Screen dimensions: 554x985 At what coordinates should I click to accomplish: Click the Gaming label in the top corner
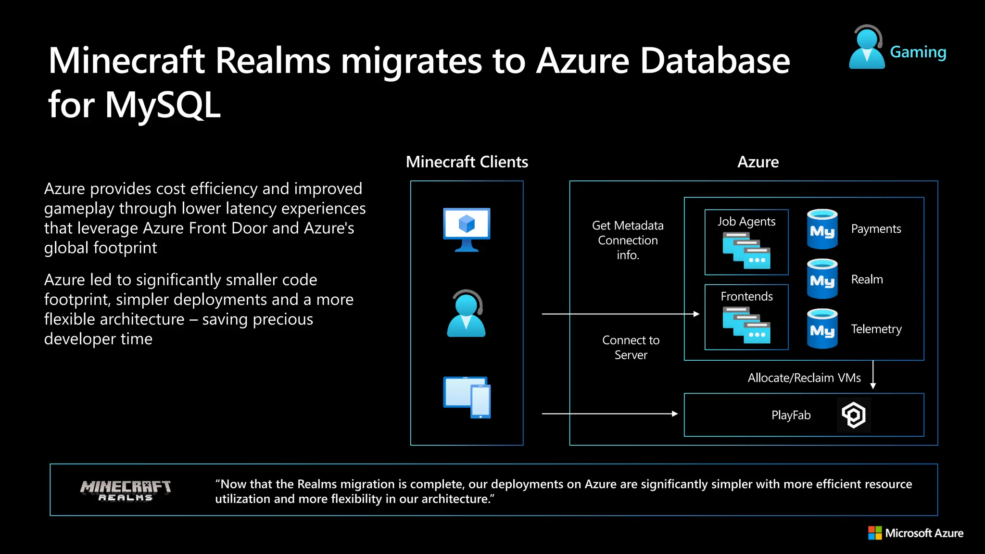(x=918, y=52)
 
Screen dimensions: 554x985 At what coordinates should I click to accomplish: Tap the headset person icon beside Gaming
(x=867, y=47)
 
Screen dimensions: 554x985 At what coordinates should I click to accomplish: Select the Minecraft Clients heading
(x=467, y=162)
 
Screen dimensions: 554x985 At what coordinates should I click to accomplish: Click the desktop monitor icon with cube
(x=467, y=229)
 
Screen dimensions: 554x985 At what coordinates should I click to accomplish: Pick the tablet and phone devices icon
(x=467, y=397)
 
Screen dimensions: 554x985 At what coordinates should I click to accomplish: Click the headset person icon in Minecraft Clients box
(x=466, y=314)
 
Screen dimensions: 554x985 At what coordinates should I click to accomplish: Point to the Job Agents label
(x=746, y=221)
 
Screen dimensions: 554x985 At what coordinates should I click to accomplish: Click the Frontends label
(x=746, y=296)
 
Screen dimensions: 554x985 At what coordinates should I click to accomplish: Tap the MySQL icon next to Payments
(x=822, y=229)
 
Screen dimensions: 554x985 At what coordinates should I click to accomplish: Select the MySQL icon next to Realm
(x=822, y=279)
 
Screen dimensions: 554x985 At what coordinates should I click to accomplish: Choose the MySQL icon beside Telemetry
(x=822, y=329)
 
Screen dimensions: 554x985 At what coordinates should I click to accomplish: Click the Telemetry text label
(x=876, y=329)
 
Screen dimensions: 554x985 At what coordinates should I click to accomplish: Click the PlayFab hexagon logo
(x=854, y=415)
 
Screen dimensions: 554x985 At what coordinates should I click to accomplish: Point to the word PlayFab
(x=791, y=415)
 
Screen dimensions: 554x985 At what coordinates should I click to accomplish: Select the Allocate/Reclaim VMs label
(x=804, y=378)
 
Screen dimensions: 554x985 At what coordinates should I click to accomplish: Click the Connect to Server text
(x=631, y=347)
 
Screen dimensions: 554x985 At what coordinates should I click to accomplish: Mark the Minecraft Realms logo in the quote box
(x=126, y=491)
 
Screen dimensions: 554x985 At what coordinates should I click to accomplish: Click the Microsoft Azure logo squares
(x=875, y=533)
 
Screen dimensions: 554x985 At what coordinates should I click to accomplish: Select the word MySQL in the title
(x=163, y=104)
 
